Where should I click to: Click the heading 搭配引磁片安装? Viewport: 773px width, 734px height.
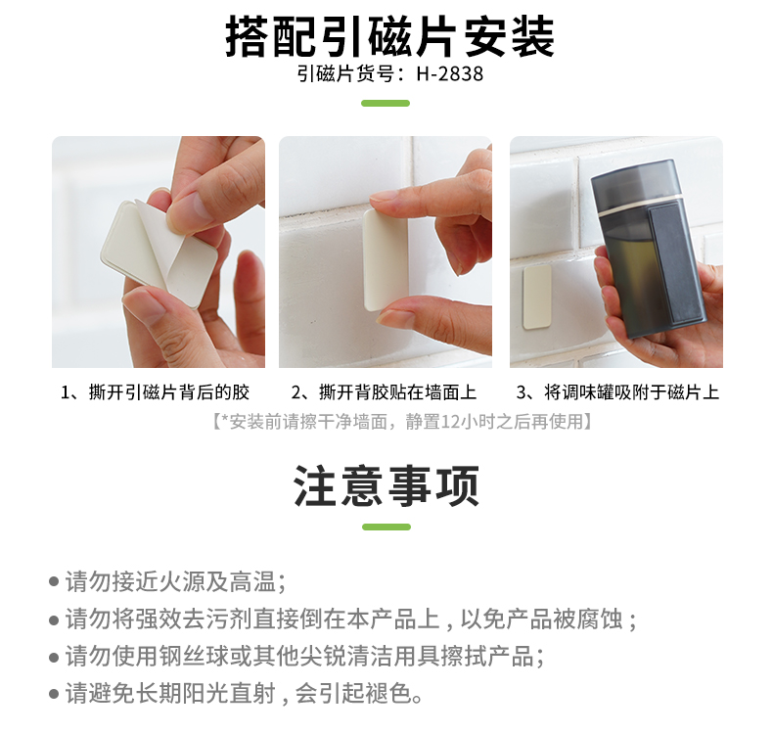(x=390, y=36)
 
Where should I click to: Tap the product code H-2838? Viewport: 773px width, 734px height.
(x=449, y=74)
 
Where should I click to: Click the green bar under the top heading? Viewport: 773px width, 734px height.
(x=386, y=103)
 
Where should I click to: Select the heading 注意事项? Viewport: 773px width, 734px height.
(x=386, y=486)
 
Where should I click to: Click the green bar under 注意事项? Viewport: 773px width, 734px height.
(x=386, y=527)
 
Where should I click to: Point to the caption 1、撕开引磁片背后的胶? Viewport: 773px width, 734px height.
(x=155, y=392)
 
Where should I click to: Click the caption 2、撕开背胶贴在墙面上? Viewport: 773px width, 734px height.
(x=384, y=392)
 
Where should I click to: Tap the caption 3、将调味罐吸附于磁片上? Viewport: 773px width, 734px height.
(x=617, y=392)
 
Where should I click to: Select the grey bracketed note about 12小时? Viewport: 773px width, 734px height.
(x=402, y=422)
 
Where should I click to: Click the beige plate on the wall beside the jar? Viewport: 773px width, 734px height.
(x=537, y=297)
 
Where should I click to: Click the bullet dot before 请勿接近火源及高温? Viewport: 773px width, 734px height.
(x=54, y=581)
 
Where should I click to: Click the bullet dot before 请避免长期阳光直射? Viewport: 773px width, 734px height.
(x=54, y=694)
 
